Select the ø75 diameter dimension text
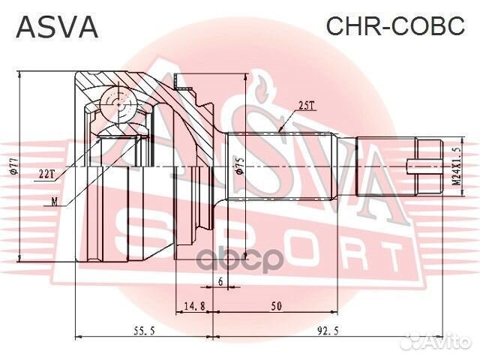point(239,166)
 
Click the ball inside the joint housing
point(114,101)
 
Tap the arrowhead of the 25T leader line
point(279,130)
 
